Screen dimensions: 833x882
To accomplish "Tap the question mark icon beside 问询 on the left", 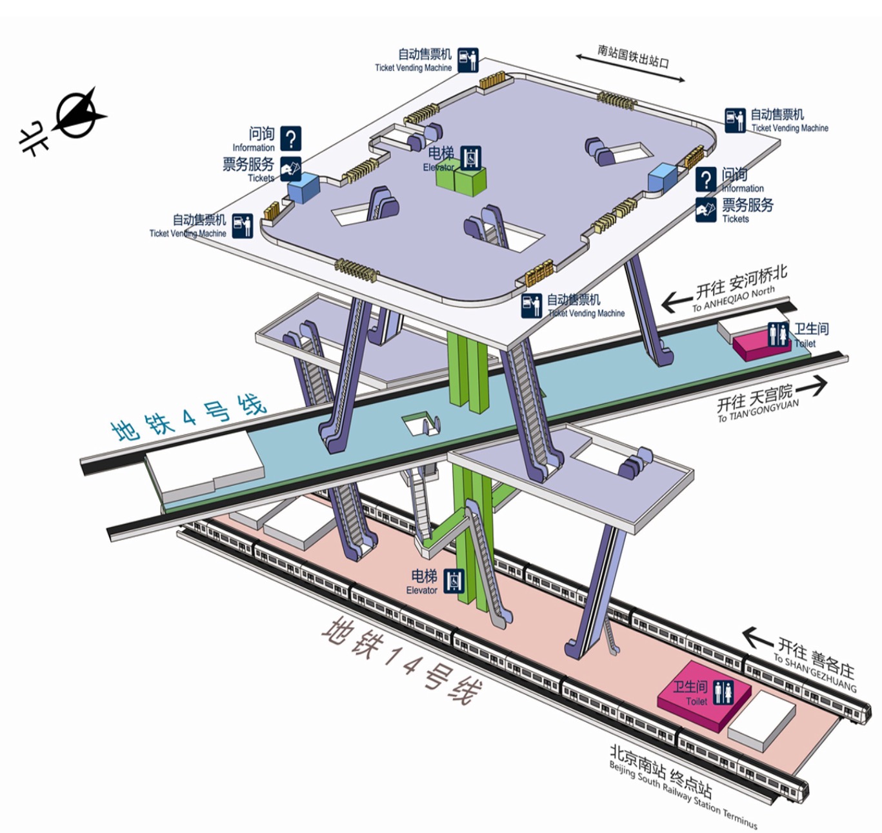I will tap(291, 138).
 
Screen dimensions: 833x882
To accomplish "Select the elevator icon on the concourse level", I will tap(471, 157).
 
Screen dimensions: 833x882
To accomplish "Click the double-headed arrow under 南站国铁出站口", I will tap(630, 68).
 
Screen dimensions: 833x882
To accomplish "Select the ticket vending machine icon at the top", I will tap(468, 60).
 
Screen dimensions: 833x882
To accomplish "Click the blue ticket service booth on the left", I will tap(303, 187).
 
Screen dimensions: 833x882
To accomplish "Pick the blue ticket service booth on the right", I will tap(663, 177).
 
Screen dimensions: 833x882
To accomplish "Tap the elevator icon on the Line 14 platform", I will tap(454, 581).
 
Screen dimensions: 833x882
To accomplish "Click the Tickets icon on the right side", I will tap(705, 210).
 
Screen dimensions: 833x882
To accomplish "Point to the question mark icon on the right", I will tap(706, 179).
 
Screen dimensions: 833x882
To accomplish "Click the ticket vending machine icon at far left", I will tap(243, 225).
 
